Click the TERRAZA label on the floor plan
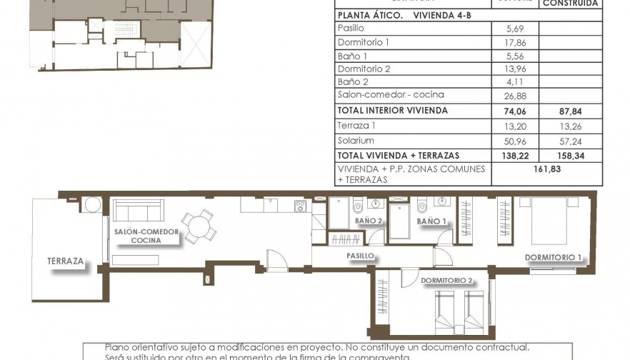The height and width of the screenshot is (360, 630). pos(66,261)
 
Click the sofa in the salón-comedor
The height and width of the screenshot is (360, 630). pos(137,210)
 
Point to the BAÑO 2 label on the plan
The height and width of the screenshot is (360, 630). pos(369,221)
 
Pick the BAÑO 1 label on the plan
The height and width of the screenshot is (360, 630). pos(431,221)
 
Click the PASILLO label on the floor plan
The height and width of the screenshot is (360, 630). pos(361,255)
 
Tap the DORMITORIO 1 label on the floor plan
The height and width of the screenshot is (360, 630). pos(554,257)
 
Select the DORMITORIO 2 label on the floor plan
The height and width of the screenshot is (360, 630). pos(448,280)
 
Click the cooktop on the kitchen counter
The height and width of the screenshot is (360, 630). pos(301,206)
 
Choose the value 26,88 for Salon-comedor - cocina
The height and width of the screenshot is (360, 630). pos(514,94)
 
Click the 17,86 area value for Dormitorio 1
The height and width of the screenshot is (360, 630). pos(514,42)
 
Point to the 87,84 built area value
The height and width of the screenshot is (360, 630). pos(571,111)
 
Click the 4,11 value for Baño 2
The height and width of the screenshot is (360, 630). pos(514,81)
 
